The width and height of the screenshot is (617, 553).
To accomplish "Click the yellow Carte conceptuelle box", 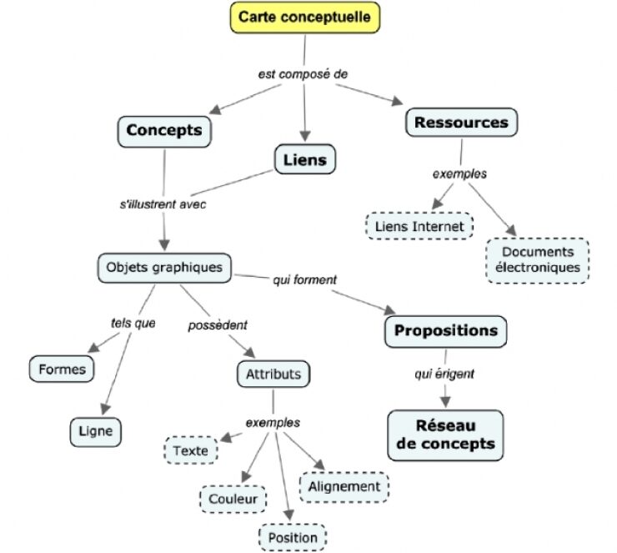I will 306,18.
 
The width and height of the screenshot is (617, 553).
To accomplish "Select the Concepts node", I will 164,131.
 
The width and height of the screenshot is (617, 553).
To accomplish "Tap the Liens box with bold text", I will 304,158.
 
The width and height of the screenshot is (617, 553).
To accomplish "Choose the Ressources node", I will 460,123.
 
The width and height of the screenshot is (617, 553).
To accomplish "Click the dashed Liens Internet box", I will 419,225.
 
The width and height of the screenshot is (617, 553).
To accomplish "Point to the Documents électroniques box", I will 537,259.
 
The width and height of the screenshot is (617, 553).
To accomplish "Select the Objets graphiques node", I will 164,268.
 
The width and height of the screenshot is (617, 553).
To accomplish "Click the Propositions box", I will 446,331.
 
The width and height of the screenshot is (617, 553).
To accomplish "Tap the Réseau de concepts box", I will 445,435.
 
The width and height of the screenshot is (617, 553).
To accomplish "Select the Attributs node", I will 273,375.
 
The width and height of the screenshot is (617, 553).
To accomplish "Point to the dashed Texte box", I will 190,451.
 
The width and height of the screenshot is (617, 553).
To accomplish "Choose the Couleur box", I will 232,499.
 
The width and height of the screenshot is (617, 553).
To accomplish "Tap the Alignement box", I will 344,486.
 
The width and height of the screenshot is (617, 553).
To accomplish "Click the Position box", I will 292,536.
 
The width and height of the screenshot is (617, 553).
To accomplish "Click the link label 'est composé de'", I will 303,73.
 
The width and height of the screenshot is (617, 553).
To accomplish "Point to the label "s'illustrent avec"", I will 163,203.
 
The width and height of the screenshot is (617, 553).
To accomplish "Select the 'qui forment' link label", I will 304,280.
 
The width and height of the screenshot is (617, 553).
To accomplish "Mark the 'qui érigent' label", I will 444,375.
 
